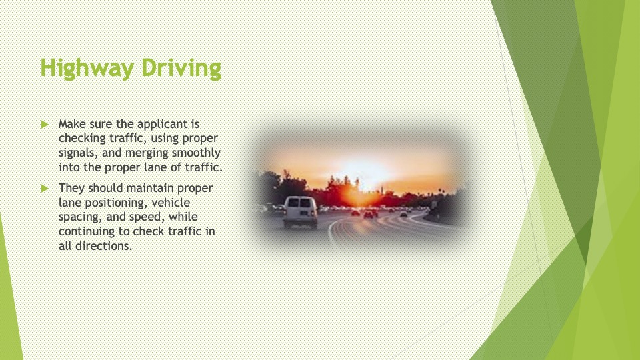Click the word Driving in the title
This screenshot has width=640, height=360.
pos(181,68)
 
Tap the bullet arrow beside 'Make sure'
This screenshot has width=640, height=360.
pos(45,124)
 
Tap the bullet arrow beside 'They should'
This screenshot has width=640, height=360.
pos(45,188)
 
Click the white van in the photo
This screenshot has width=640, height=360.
pos(300,211)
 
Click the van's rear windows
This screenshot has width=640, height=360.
pos(299,203)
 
